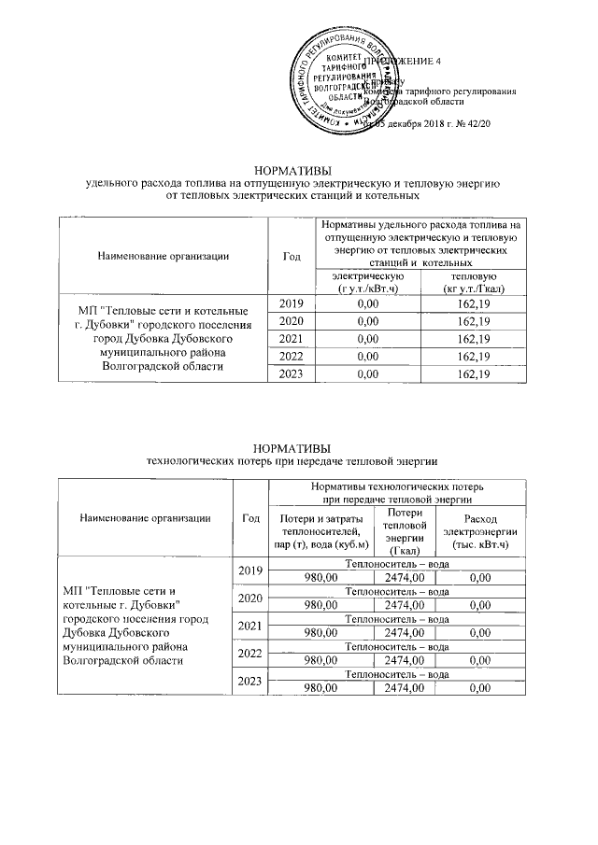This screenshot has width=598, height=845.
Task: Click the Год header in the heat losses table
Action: point(249,518)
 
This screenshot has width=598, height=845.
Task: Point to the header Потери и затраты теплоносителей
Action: point(319,530)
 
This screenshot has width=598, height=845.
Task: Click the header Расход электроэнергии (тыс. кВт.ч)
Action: point(480,530)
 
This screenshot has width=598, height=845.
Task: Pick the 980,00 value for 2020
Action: point(319,605)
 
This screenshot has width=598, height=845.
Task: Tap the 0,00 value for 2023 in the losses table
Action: point(480,688)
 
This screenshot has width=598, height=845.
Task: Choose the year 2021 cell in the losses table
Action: point(249,627)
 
